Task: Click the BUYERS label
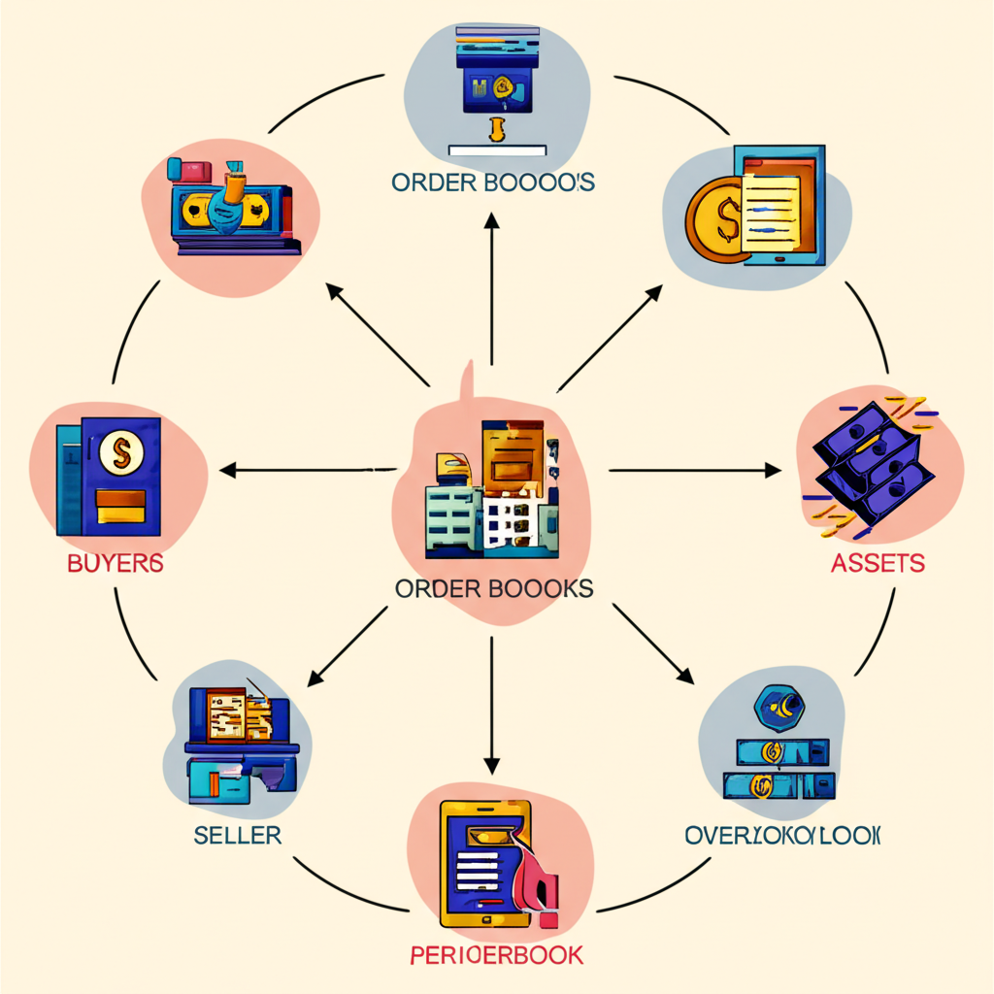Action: point(114,563)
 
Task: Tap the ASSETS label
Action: point(878,562)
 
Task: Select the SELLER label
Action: point(237,834)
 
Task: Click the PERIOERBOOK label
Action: point(496,954)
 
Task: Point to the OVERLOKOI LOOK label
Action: point(782,835)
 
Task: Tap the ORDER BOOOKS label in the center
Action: point(494,588)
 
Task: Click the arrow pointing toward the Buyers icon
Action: point(311,471)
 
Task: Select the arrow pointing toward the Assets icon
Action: point(694,471)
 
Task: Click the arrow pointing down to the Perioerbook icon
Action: point(492,699)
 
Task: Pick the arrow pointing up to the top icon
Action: point(492,291)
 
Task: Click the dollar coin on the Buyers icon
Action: point(120,450)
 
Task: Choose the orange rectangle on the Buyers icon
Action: point(120,503)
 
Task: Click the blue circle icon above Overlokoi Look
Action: point(781,709)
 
